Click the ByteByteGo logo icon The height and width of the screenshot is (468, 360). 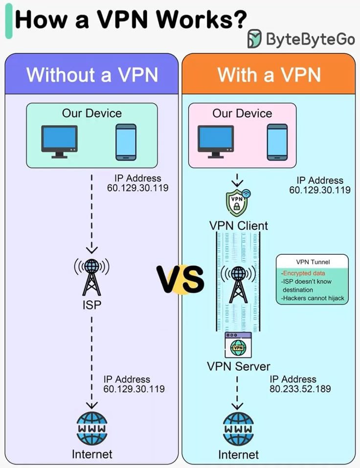254,38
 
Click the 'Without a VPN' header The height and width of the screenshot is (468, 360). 92,75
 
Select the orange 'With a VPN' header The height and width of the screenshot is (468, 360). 269,75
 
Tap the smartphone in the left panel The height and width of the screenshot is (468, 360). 126,142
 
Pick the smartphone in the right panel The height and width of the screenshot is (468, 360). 277,142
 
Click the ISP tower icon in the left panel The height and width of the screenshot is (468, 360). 91,276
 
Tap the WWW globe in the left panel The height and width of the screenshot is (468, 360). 92,428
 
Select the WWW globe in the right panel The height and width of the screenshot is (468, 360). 238,428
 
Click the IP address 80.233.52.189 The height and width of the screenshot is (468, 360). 300,389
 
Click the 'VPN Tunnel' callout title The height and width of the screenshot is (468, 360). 313,262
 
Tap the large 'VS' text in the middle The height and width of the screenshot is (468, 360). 180,279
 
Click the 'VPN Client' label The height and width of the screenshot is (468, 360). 239,225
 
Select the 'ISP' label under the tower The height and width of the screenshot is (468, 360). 92,306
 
